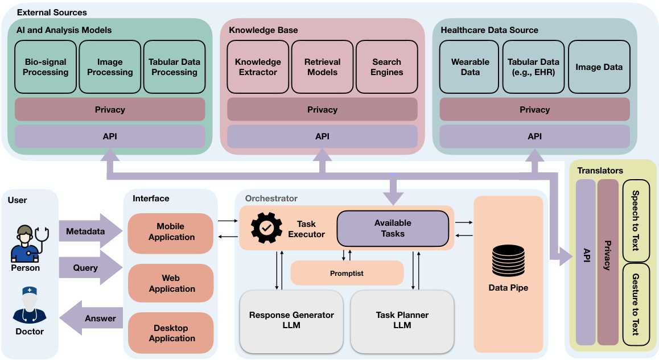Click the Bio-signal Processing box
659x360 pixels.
46,67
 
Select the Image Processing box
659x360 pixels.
110,67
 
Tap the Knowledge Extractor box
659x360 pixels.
258,67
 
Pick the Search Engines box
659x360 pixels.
387,67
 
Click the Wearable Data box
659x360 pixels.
470,67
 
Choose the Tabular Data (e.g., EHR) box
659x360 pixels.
533,67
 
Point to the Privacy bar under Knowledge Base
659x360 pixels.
322,110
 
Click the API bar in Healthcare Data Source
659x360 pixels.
534,136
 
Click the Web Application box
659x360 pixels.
171,283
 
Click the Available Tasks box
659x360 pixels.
393,228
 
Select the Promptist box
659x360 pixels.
347,273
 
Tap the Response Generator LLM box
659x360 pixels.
291,321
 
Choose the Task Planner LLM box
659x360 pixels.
402,321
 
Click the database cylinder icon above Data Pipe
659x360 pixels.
508,260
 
